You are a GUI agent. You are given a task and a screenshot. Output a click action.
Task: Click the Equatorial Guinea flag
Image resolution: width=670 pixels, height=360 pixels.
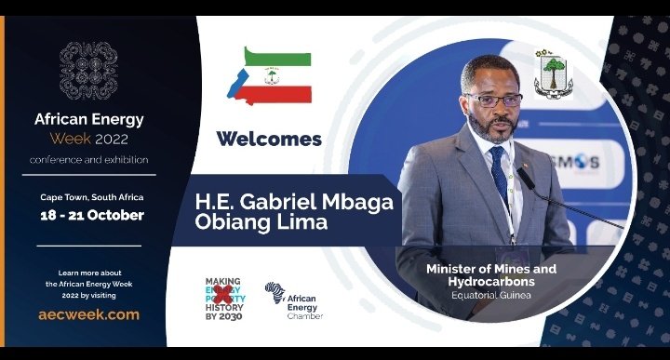[269, 74]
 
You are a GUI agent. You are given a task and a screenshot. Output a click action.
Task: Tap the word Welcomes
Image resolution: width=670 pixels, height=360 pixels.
[269, 140]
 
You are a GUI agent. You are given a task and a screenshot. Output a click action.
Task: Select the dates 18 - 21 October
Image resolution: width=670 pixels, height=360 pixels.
[91, 215]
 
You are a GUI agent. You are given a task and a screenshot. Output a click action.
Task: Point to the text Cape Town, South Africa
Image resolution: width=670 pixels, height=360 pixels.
[91, 198]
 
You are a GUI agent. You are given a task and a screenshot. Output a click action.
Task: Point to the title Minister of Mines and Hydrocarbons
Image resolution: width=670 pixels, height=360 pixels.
[490, 274]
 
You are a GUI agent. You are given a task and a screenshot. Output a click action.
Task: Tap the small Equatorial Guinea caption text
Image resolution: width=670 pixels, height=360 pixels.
[490, 298]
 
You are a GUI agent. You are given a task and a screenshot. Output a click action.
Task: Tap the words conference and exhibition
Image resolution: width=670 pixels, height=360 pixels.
[88, 159]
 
